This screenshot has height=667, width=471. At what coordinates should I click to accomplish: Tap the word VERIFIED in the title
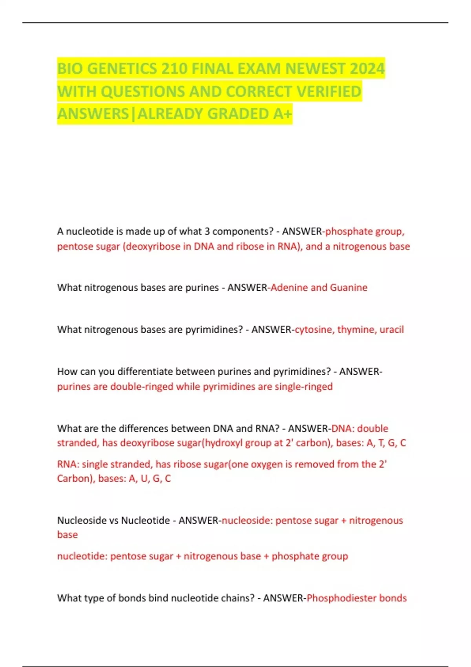click(x=329, y=92)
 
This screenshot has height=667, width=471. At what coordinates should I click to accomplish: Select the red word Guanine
click(x=349, y=288)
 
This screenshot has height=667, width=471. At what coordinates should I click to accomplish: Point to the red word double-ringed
click(x=142, y=386)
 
